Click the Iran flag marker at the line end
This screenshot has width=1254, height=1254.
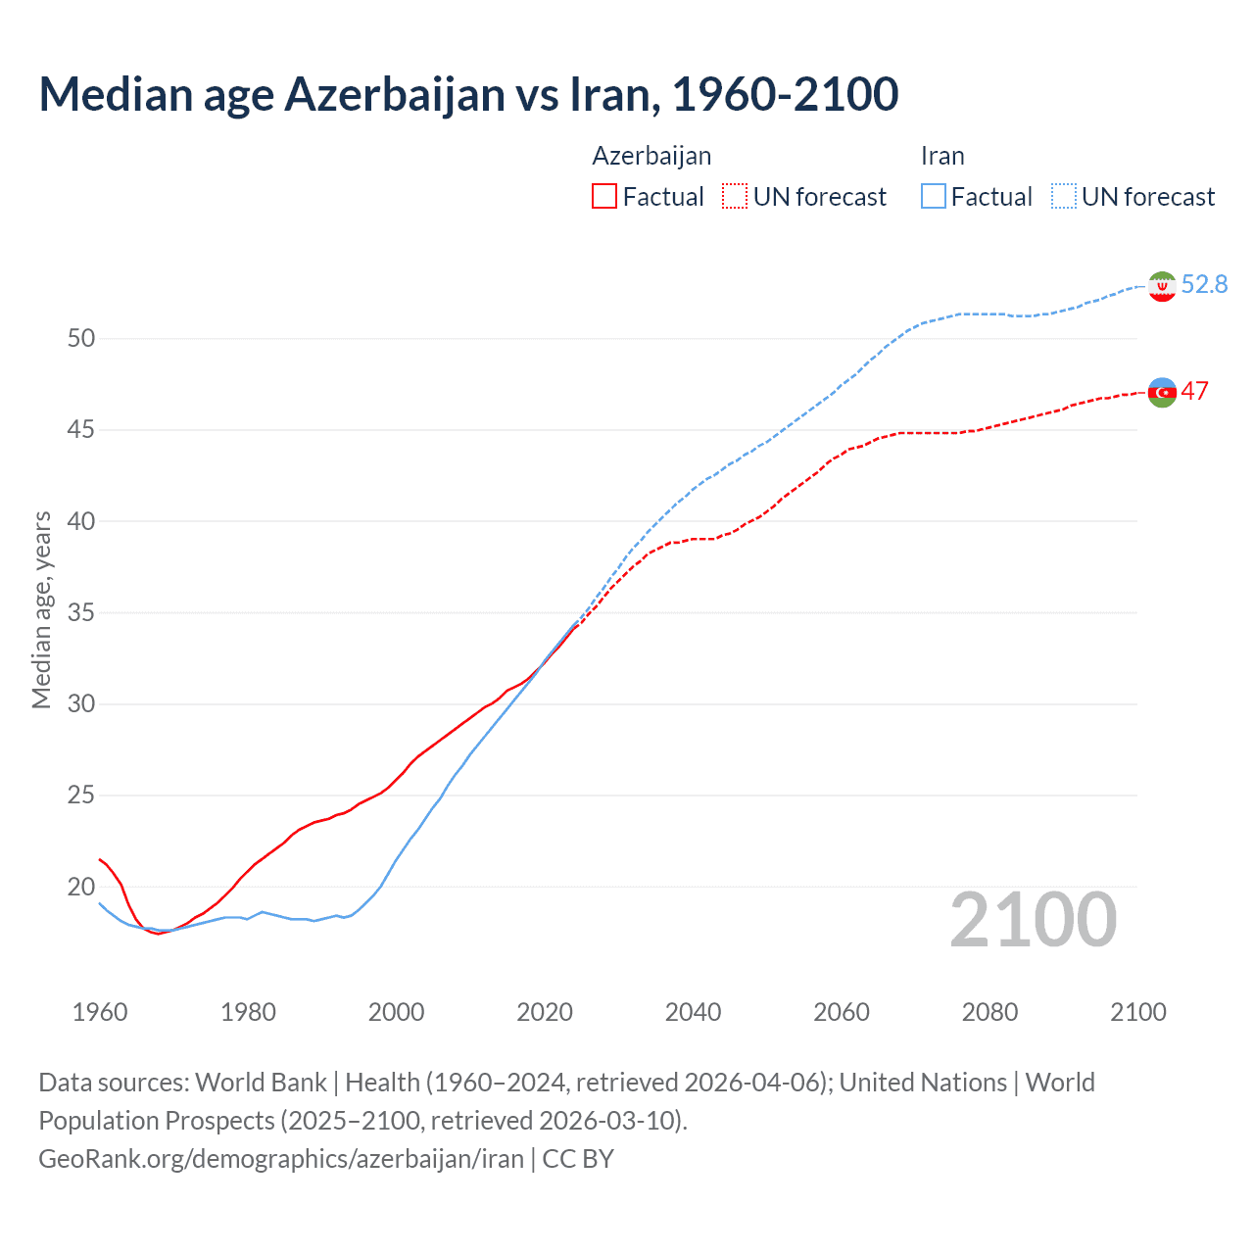click(1161, 286)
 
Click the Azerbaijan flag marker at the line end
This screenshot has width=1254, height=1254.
click(1161, 392)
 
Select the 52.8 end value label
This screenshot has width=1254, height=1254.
click(1204, 284)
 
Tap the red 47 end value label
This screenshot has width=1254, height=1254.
click(1194, 391)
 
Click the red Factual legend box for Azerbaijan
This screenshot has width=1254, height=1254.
click(604, 197)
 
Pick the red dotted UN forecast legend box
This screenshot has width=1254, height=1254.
click(735, 197)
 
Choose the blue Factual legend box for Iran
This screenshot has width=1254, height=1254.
click(934, 197)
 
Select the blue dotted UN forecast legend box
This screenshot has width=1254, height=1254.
click(1064, 197)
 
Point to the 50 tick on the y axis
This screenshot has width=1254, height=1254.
click(81, 339)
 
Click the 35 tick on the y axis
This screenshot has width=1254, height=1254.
click(81, 613)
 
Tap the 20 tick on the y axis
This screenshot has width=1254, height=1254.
click(81, 887)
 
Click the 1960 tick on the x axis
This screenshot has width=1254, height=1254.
click(100, 1012)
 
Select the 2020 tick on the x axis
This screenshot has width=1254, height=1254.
click(545, 1012)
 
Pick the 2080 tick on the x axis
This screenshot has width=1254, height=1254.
click(989, 1012)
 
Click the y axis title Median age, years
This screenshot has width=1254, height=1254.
click(41, 609)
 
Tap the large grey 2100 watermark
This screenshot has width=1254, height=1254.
click(1033, 920)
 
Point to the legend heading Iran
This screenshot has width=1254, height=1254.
click(942, 157)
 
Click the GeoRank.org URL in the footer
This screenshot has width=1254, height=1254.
click(281, 1159)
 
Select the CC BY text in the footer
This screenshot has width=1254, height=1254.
click(578, 1159)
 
